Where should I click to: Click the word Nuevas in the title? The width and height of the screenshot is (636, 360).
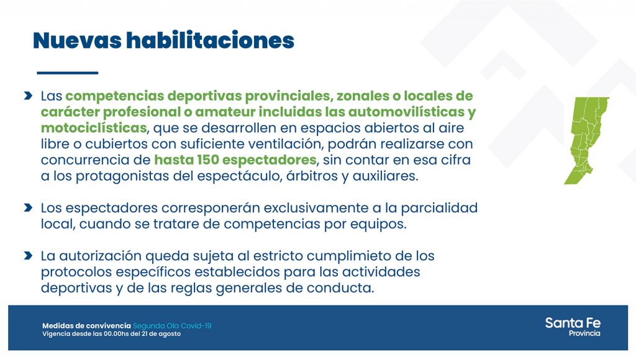coord(77,40)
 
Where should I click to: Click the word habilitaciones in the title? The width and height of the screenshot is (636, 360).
coord(210,40)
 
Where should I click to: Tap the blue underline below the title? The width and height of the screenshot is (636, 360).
coord(67,73)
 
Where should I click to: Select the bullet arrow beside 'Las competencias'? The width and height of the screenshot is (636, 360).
coord(28,96)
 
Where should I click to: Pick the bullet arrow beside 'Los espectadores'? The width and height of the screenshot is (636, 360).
coord(28,207)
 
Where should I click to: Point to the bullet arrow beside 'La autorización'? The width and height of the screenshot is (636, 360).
coord(28,255)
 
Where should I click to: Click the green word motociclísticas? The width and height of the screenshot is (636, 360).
coord(94,128)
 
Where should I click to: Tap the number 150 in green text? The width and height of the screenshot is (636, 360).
coord(208,160)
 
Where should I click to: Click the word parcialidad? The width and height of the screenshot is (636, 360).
coord(439,209)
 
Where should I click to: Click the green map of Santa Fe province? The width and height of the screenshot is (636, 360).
coord(586,140)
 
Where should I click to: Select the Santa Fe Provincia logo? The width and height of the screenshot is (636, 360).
coord(573,326)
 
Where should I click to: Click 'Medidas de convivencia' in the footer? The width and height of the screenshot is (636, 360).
coord(86,325)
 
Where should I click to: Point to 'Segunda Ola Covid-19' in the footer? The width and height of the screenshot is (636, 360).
coord(172,325)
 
